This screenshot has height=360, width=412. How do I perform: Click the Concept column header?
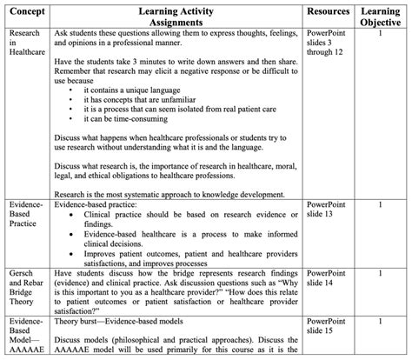coord(23,10)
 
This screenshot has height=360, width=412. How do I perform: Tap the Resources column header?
coord(329,10)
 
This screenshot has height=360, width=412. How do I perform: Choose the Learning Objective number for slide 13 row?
coord(380,204)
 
